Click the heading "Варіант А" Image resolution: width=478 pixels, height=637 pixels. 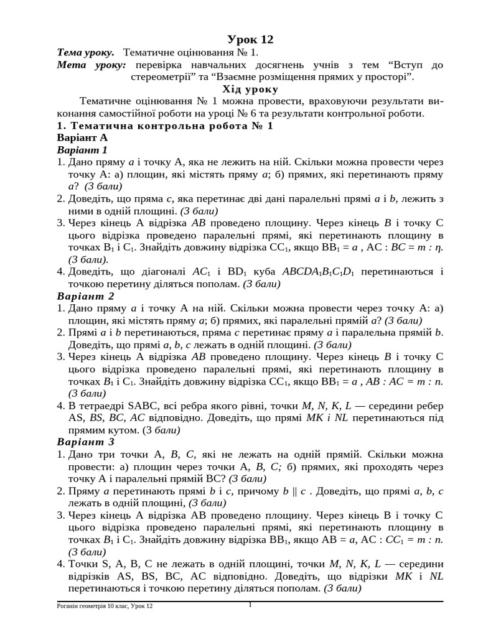(x=82, y=137)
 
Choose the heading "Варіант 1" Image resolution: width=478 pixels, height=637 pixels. (x=82, y=150)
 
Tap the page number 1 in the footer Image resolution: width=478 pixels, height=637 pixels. (x=250, y=604)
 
